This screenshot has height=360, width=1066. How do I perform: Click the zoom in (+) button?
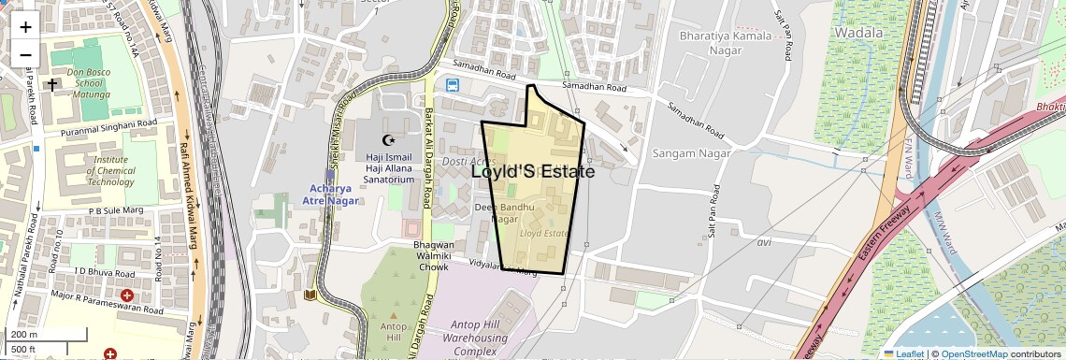point(25,26)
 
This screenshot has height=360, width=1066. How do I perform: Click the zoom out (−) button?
point(25,54)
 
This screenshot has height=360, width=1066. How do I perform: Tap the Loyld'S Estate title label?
point(533,172)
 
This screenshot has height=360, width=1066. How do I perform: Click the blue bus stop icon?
point(453,85)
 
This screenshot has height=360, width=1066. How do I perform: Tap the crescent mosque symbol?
point(387,140)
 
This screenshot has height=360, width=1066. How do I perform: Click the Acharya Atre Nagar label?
point(332,194)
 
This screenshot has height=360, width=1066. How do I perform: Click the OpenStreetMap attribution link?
point(973,353)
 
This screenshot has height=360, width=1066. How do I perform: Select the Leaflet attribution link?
point(903,353)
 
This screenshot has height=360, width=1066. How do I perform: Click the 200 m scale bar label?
point(24,335)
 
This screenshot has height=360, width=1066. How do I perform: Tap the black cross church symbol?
point(52,84)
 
